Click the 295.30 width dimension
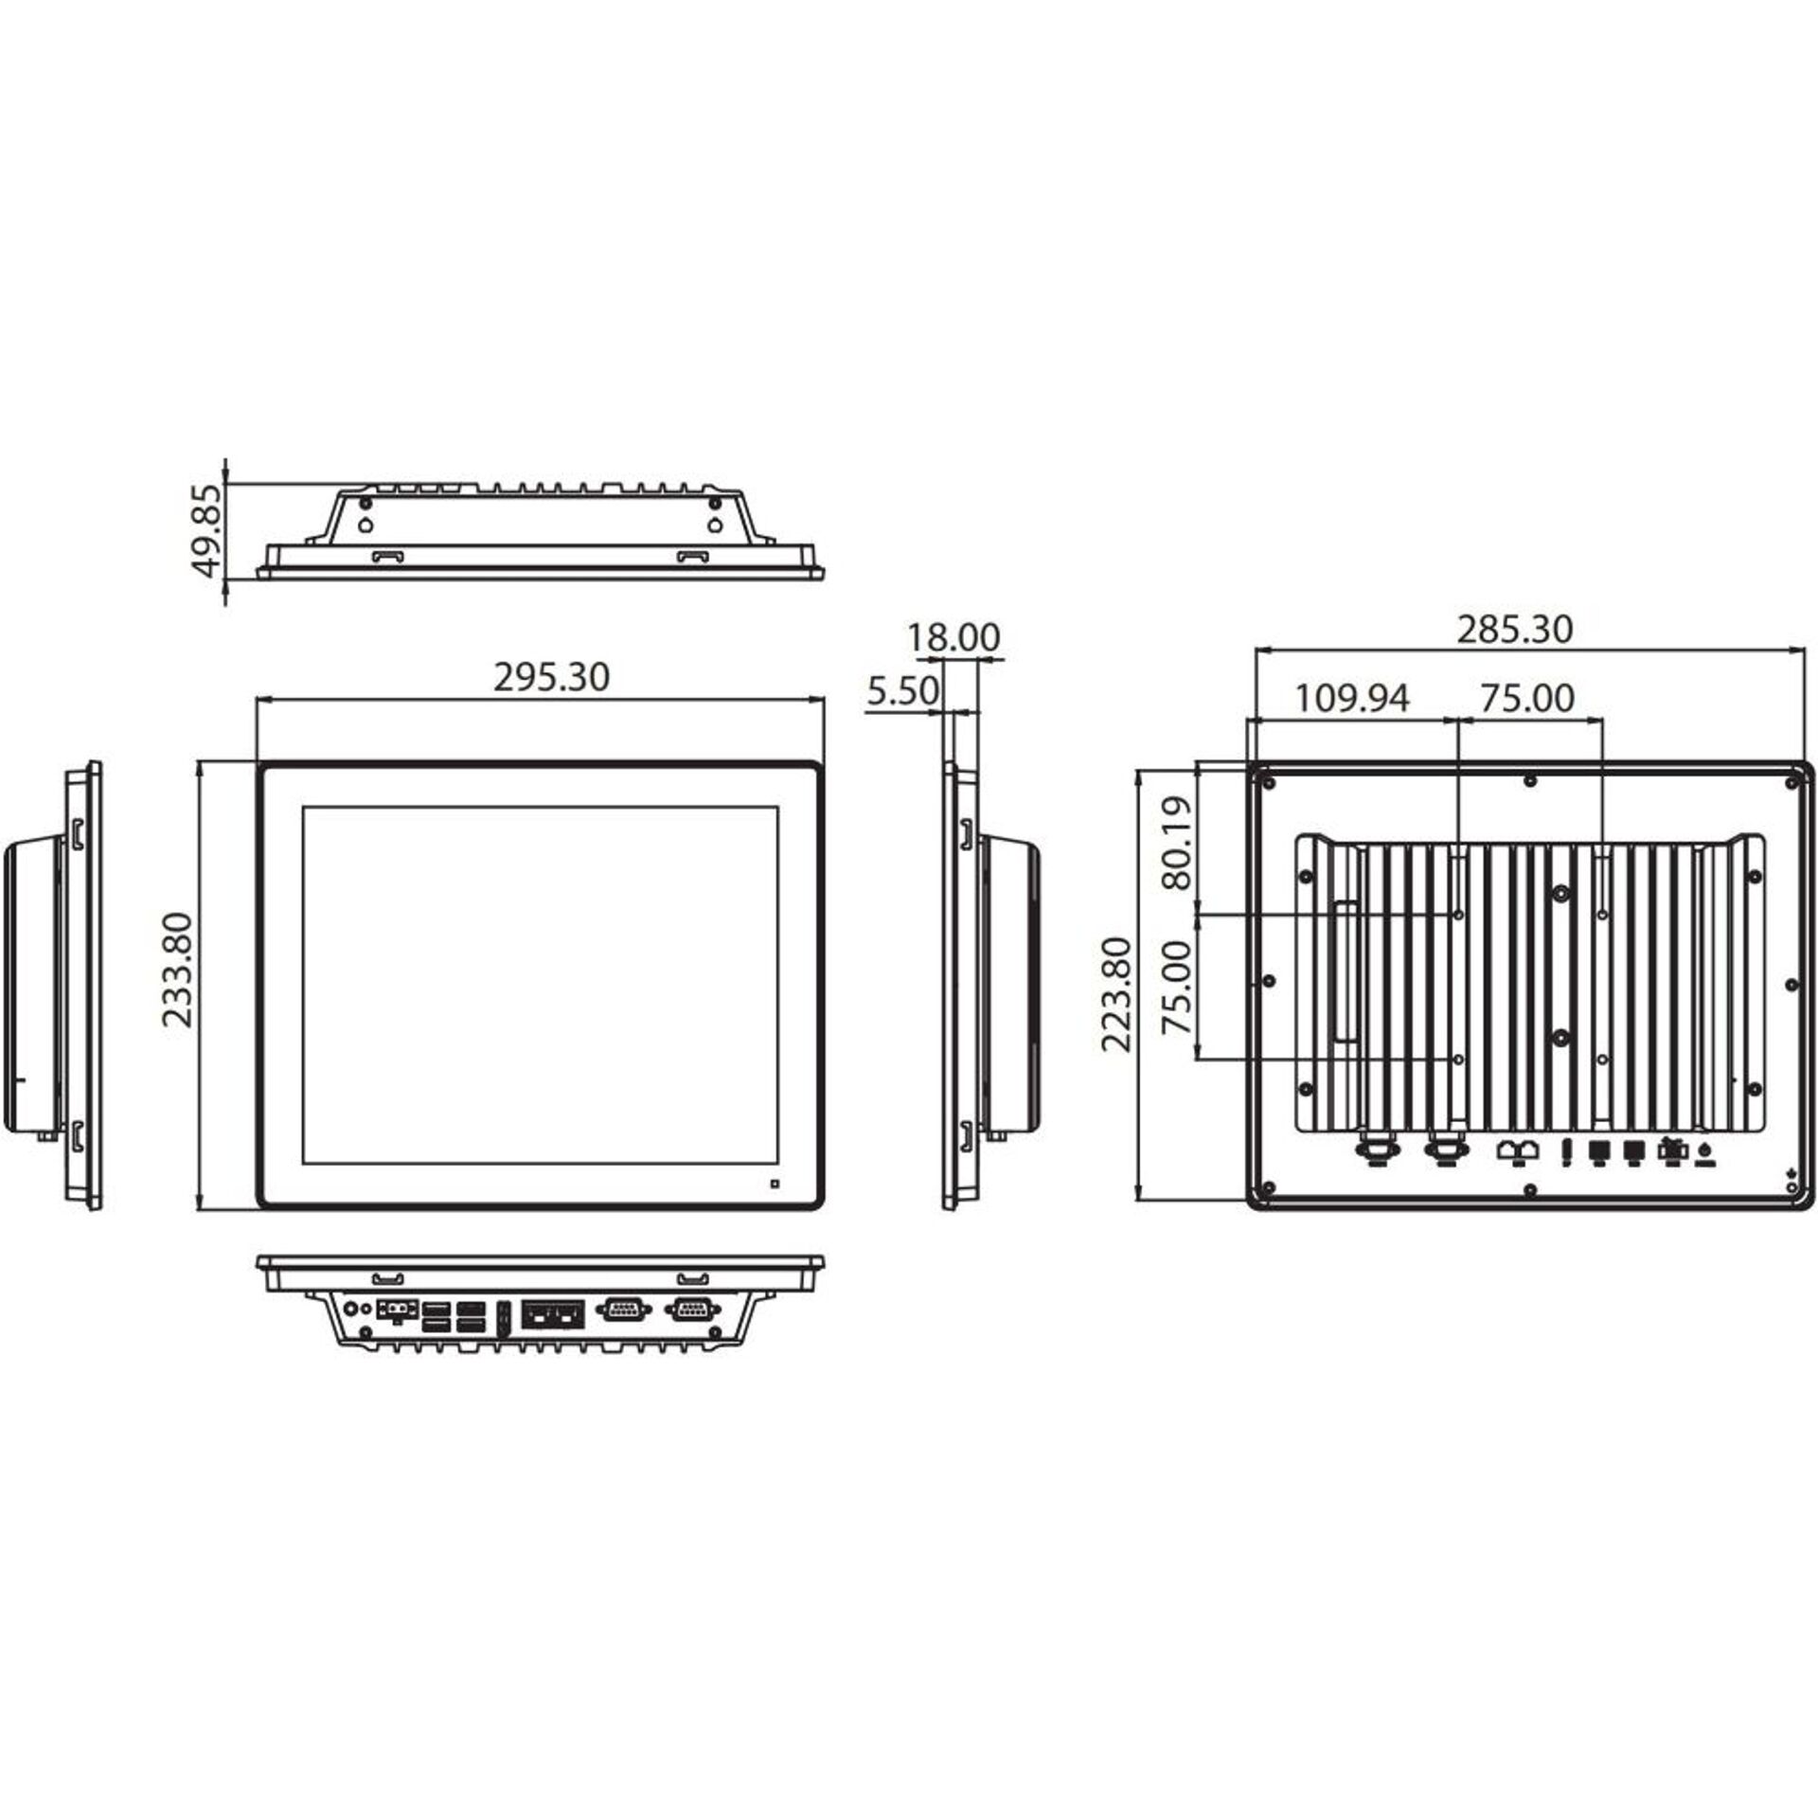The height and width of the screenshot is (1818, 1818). click(551, 677)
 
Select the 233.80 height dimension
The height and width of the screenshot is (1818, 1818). click(178, 970)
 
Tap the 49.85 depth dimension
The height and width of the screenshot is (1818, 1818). click(206, 530)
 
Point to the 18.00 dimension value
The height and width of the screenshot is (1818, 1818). click(954, 637)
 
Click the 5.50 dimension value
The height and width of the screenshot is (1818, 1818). click(902, 691)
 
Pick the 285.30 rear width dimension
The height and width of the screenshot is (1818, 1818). click(1514, 630)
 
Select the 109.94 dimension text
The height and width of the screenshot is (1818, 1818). click(1351, 698)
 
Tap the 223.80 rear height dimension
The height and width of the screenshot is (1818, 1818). click(1118, 993)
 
